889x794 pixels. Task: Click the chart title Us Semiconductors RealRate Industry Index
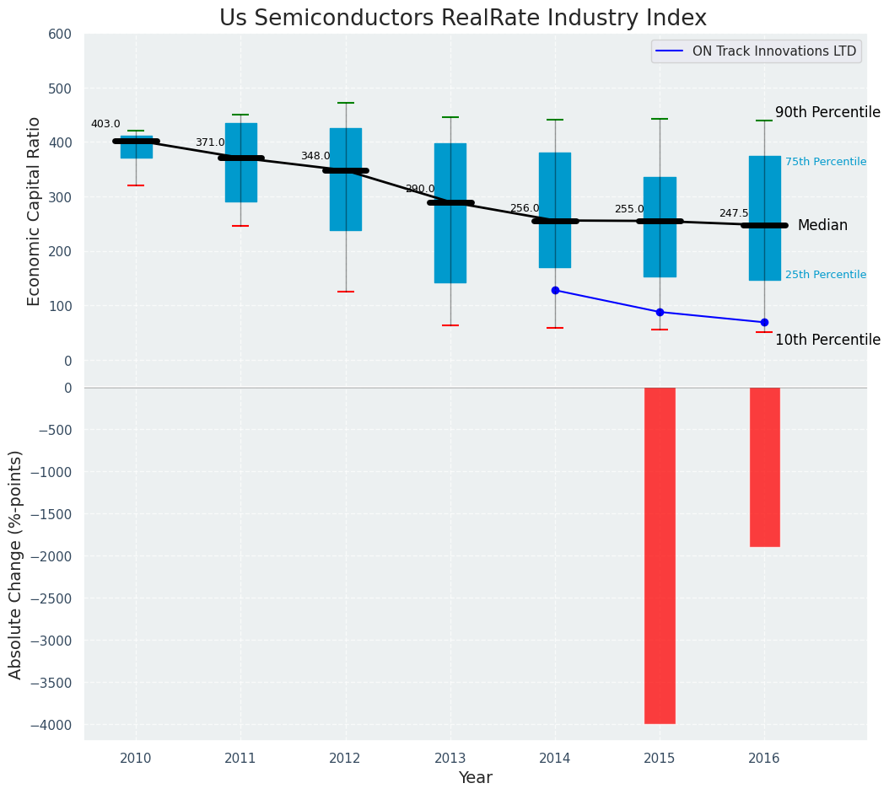click(x=462, y=19)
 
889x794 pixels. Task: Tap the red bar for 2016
click(x=764, y=467)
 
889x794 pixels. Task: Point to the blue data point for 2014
click(x=555, y=290)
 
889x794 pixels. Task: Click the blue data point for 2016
click(x=764, y=322)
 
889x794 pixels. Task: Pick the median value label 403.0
click(x=105, y=124)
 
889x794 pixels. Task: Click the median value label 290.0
click(x=420, y=189)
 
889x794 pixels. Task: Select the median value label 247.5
click(x=734, y=213)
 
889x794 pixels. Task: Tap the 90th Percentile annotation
click(x=827, y=113)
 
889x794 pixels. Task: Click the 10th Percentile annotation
click(x=827, y=340)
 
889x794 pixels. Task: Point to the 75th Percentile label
click(x=826, y=162)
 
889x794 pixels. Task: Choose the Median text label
click(x=822, y=225)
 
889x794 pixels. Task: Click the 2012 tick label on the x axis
click(x=345, y=759)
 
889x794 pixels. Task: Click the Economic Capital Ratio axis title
click(x=35, y=211)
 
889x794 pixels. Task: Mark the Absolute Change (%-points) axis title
click(x=16, y=564)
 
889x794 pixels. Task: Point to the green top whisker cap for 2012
click(x=346, y=103)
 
